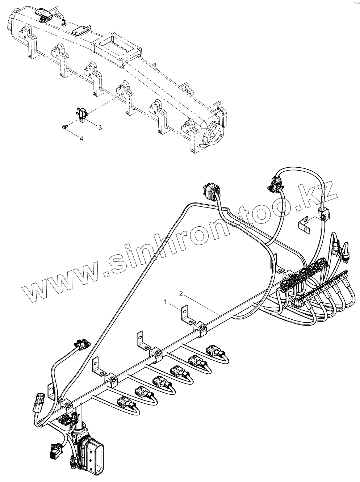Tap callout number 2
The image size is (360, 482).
tap(181, 293)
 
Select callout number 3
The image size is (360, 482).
tap(100, 127)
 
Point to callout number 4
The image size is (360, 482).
tap(81, 138)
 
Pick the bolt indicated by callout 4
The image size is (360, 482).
tap(65, 127)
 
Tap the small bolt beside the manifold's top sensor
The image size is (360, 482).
tap(64, 23)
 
